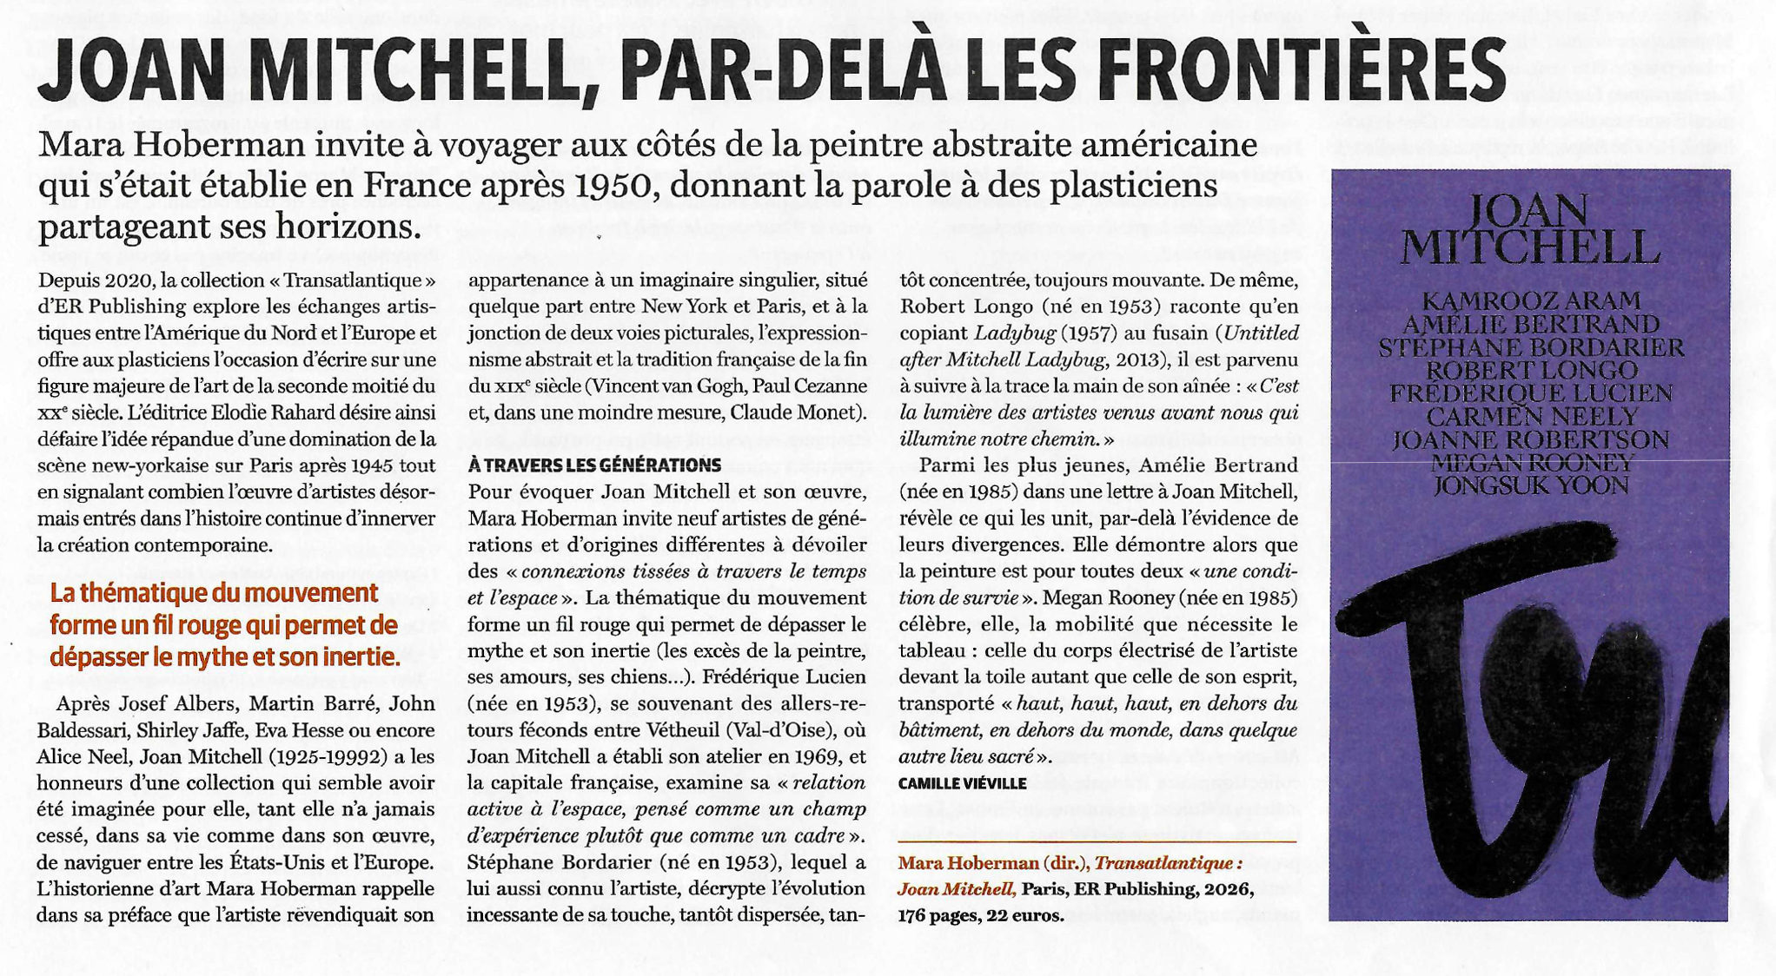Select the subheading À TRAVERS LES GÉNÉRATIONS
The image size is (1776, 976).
coord(594,465)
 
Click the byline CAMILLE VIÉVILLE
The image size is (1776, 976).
coord(962,783)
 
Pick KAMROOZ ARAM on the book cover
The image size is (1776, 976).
coord(1531,301)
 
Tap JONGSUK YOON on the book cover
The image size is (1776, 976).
coord(1531,485)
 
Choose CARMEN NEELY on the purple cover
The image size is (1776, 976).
coord(1531,416)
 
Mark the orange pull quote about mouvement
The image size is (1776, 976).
coord(224,625)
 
